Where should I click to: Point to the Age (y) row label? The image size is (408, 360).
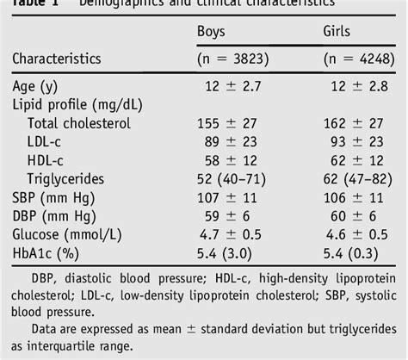pos(36,88)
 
